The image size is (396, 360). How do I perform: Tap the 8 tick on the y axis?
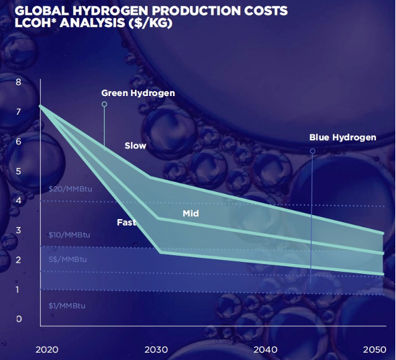tap(18, 82)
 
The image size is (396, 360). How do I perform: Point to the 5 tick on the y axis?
tap(18, 171)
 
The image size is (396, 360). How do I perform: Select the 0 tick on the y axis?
tap(19, 319)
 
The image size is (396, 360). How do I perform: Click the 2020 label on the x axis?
tap(47, 350)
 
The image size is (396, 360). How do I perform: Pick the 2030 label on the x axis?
tap(156, 350)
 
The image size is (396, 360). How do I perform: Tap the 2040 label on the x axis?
tap(265, 350)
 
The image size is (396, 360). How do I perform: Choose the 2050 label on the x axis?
tap(375, 350)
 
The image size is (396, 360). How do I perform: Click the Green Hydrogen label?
tap(138, 93)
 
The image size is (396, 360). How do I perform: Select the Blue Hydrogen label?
tap(343, 138)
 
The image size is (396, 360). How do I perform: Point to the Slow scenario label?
tap(136, 146)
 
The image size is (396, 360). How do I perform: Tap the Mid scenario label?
tap(191, 214)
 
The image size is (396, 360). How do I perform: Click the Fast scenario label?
tap(127, 222)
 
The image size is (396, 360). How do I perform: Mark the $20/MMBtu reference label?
tap(70, 189)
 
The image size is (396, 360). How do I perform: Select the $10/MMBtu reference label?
tap(69, 235)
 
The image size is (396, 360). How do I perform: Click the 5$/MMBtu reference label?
tap(68, 259)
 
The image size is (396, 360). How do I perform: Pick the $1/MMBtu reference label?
tap(67, 306)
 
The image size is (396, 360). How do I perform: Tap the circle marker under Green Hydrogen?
tap(104, 104)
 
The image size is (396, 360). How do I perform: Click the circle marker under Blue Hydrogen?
tap(313, 151)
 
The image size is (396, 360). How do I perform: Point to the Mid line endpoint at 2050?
tap(383, 253)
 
